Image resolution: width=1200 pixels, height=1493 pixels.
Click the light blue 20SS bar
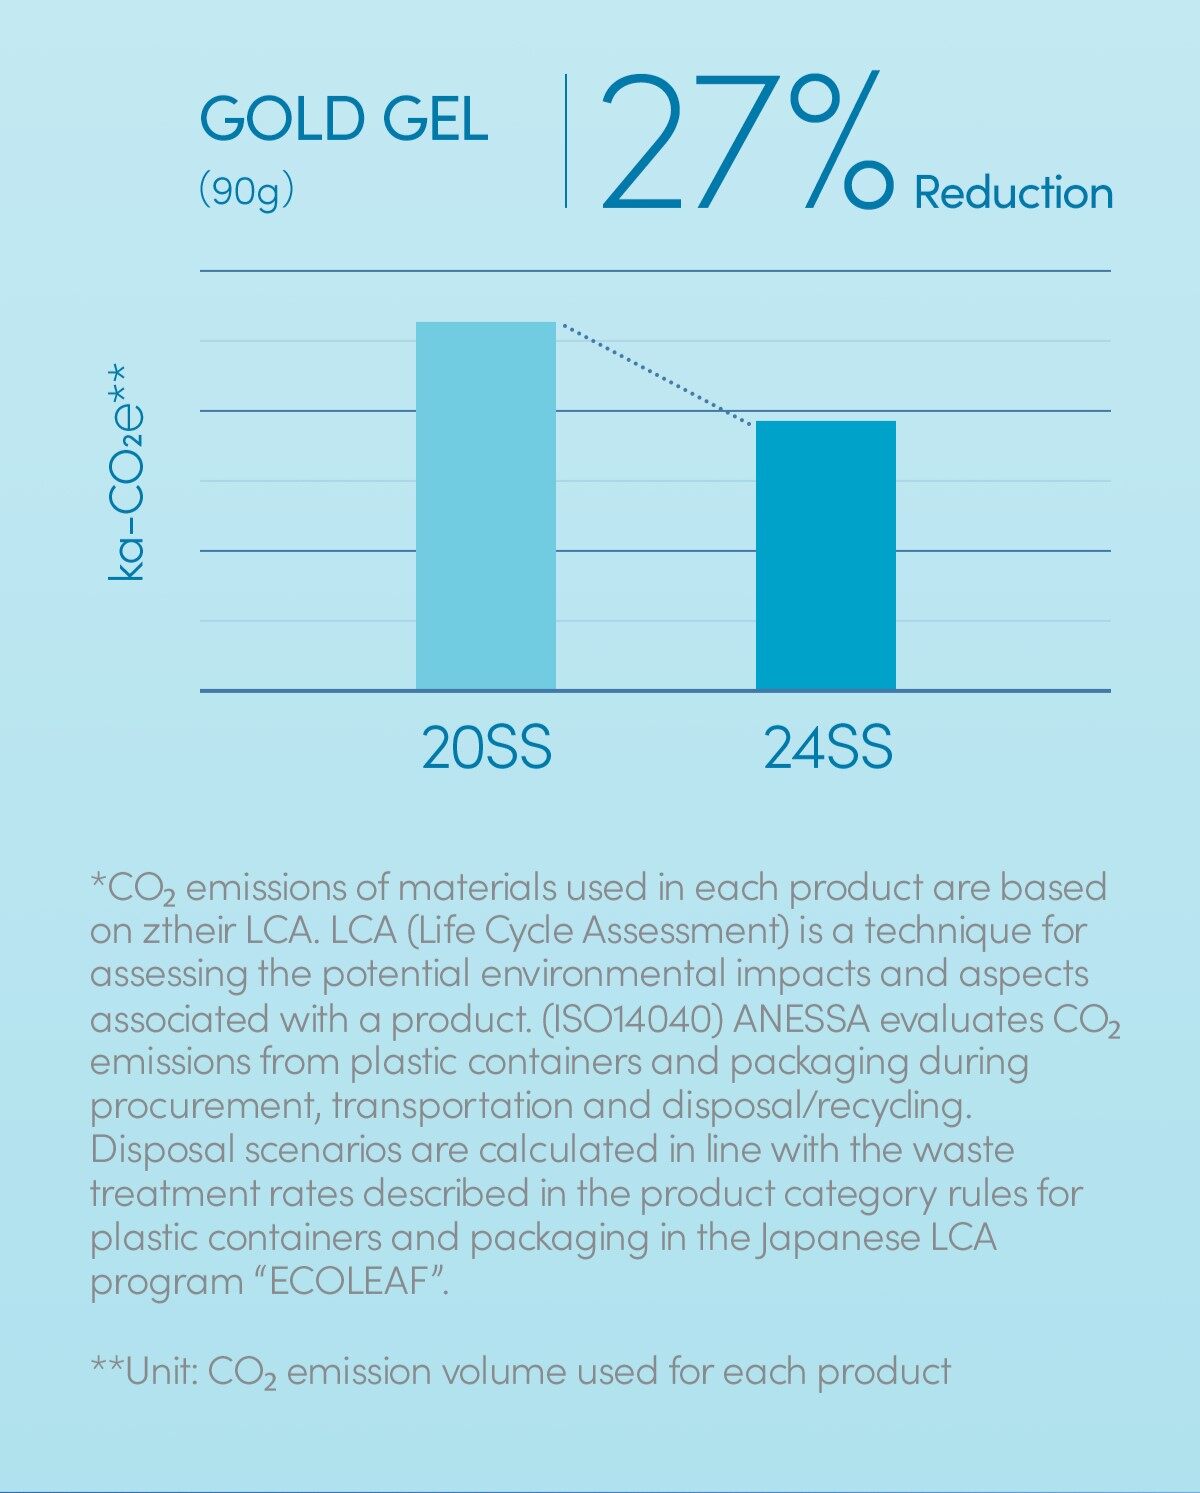(x=485, y=505)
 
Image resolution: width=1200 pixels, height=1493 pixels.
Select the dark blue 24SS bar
(x=825, y=555)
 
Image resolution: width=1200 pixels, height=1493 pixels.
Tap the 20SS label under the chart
(x=486, y=747)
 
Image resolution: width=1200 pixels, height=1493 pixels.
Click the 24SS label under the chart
(x=827, y=747)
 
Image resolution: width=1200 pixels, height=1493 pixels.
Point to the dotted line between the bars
(x=655, y=372)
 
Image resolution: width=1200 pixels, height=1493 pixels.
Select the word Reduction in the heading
(x=1013, y=192)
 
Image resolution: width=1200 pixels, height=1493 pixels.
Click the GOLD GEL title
(x=343, y=120)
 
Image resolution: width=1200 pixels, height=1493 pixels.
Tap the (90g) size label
(x=246, y=189)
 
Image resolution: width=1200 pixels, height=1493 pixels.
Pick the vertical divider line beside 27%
(x=566, y=140)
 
